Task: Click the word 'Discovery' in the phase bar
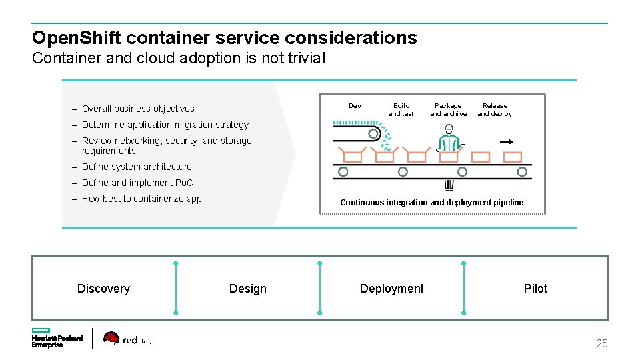point(103,289)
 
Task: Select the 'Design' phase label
point(247,289)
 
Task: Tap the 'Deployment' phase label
point(391,289)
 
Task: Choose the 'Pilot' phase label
point(535,289)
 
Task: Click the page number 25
point(601,344)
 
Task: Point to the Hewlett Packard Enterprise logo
point(57,338)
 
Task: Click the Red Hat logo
point(127,339)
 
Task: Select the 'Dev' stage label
point(355,106)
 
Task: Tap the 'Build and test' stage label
point(401,110)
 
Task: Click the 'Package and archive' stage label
point(448,110)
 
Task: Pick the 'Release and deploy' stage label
point(495,110)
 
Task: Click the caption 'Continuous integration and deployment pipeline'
point(431,203)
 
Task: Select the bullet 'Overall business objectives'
point(138,109)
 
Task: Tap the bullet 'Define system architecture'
point(137,167)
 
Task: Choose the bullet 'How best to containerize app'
point(141,199)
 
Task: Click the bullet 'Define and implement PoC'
point(137,183)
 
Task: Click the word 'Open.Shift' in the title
point(75,38)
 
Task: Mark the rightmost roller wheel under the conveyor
point(522,172)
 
